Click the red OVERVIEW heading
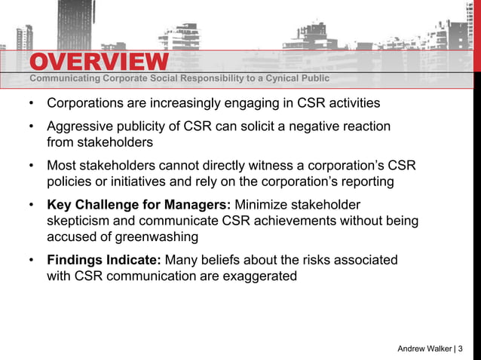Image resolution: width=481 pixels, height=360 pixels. (x=99, y=62)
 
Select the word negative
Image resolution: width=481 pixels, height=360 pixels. (x=319, y=127)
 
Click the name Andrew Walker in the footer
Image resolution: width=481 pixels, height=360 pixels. (x=425, y=348)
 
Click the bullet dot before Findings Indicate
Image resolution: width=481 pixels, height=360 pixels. (x=30, y=260)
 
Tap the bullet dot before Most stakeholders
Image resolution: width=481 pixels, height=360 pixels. (x=30, y=166)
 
